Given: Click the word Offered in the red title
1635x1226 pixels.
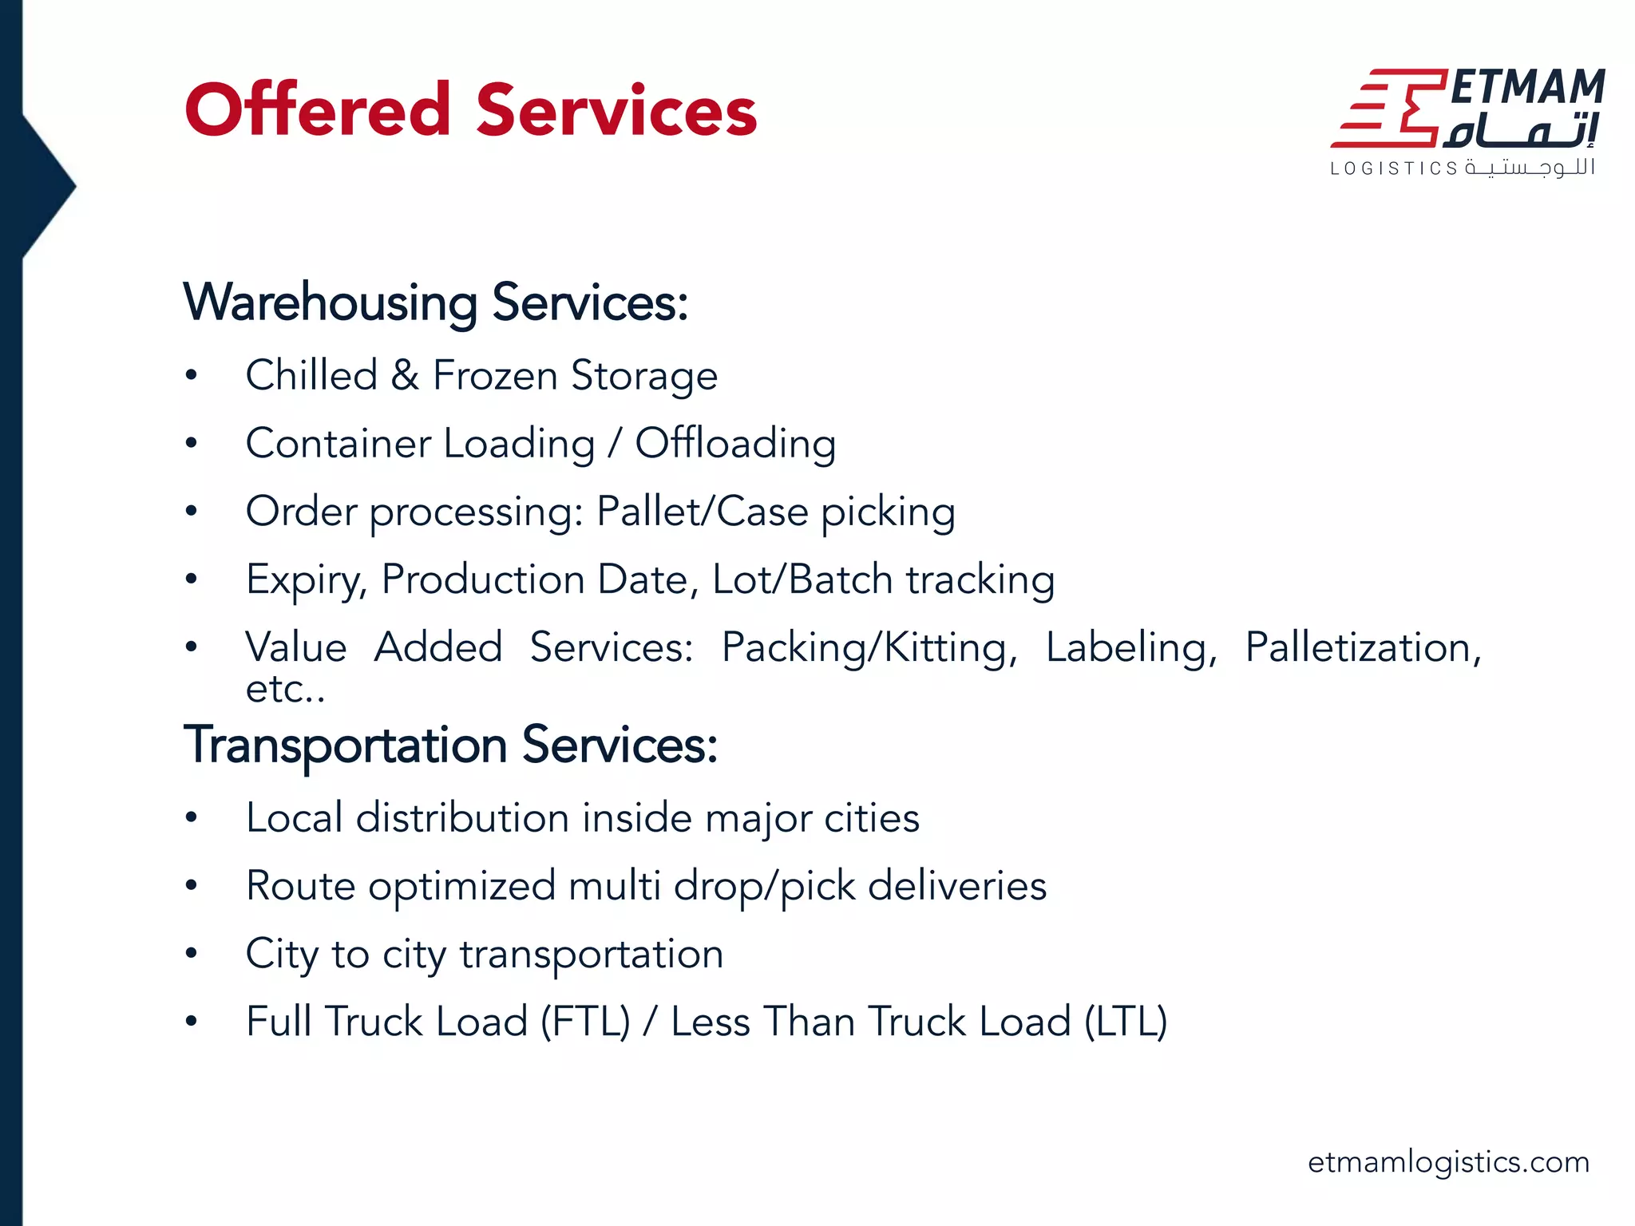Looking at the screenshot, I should [318, 110].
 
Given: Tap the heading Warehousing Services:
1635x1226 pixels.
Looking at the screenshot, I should [435, 303].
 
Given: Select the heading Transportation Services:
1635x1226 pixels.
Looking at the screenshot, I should [450, 745].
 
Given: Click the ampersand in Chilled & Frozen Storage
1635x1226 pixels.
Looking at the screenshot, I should [405, 375].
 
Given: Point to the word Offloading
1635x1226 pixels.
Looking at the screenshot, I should [735, 444].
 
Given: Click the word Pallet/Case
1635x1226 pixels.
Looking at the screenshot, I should [703, 512].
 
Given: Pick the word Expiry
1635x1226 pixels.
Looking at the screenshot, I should [306, 580].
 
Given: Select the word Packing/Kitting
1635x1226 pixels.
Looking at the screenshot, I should [869, 647].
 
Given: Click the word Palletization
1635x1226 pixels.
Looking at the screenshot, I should [1363, 647].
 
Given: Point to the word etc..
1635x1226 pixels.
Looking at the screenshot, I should [283, 689].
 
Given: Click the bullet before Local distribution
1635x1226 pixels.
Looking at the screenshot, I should [191, 817].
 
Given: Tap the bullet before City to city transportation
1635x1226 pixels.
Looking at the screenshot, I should [191, 953].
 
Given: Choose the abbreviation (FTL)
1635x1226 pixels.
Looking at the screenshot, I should [585, 1022].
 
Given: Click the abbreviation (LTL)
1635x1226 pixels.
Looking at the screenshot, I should [1126, 1022].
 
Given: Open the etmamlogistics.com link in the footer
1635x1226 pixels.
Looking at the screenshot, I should [1448, 1162].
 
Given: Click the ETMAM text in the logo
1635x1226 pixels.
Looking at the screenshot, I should [1526, 87].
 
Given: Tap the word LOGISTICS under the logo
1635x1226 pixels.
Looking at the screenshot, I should [1394, 169].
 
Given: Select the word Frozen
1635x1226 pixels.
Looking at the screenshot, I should [495, 375].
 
